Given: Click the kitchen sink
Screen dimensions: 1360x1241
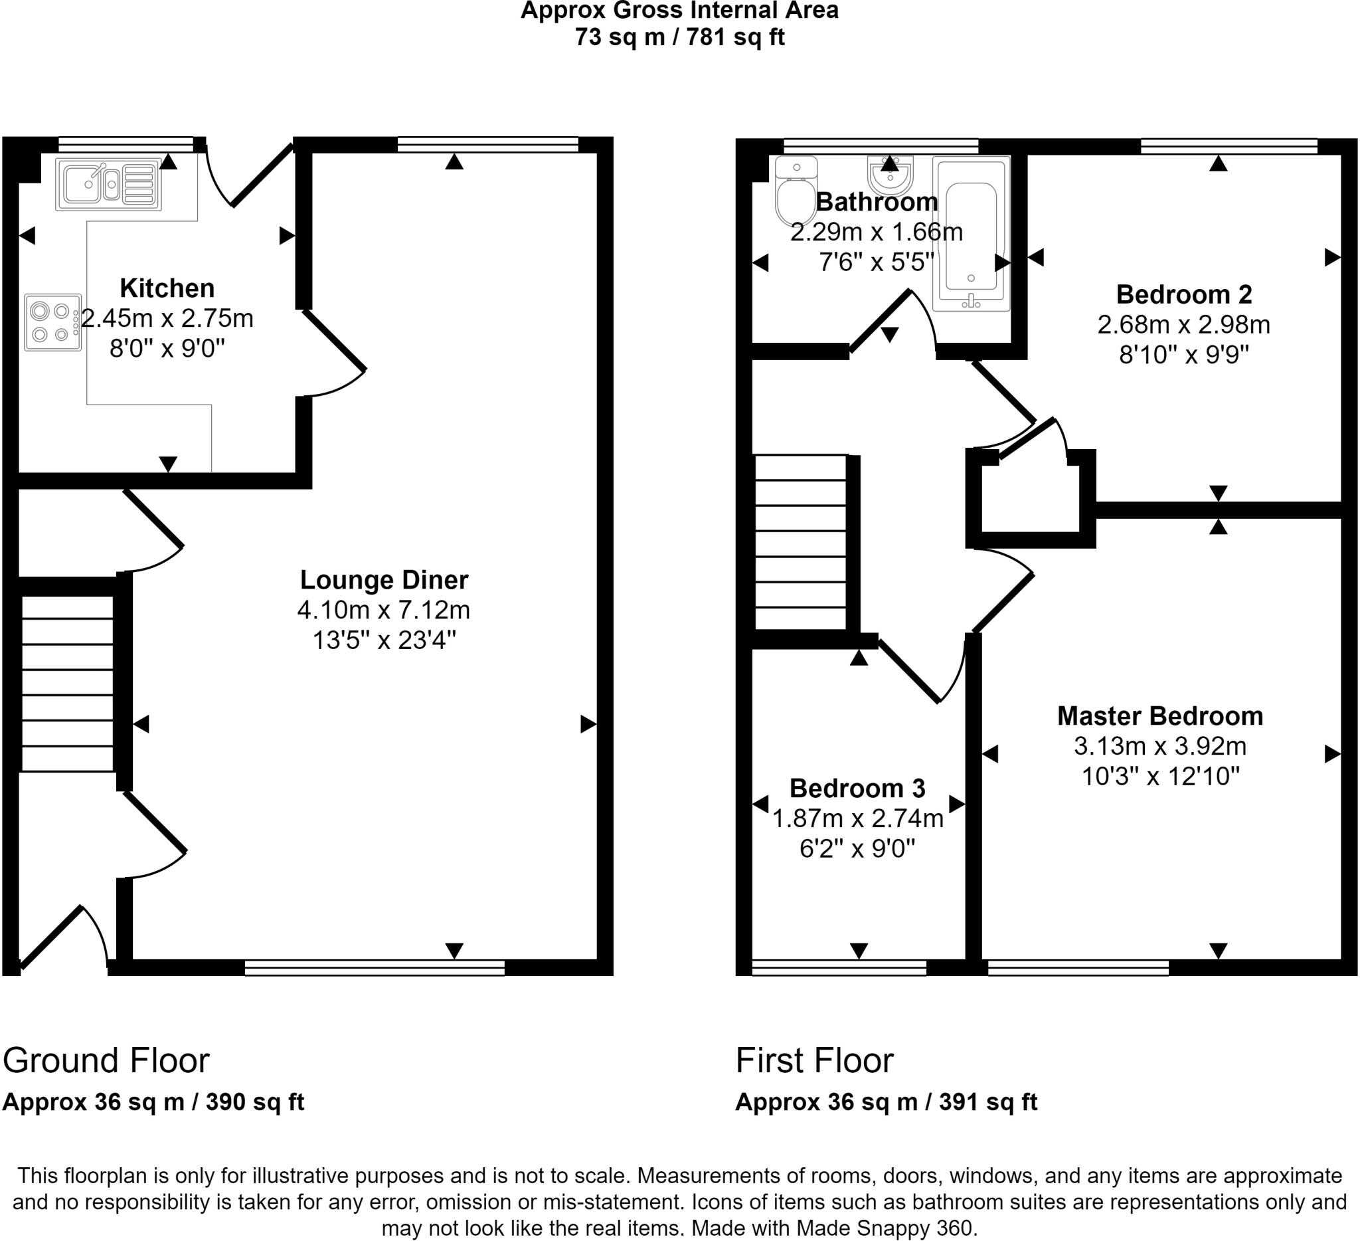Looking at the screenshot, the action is [x=108, y=183].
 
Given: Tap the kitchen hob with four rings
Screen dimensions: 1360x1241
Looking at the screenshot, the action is [x=52, y=322].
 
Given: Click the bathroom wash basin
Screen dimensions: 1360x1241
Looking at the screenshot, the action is [x=891, y=175].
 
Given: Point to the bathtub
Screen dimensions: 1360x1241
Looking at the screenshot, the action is [x=971, y=233].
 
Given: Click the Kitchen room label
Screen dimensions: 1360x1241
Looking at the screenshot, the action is [x=167, y=288].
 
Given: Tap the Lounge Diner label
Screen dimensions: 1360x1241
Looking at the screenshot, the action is [x=384, y=580].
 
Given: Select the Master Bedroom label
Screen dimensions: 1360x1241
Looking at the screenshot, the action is [x=1159, y=716].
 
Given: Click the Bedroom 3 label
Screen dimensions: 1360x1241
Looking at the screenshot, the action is [x=857, y=788].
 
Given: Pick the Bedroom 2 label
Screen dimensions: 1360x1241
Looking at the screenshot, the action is [x=1184, y=294].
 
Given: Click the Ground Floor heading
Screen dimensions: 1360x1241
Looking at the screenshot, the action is [x=107, y=1060].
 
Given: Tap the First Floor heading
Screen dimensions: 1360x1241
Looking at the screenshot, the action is [x=814, y=1060].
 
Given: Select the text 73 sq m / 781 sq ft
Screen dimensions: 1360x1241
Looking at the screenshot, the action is [x=679, y=37].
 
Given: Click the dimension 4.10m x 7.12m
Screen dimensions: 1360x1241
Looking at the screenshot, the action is [x=384, y=610].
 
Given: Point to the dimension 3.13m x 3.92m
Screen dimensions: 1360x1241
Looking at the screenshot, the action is [x=1159, y=746].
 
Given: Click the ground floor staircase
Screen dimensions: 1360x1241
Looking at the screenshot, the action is [x=68, y=683].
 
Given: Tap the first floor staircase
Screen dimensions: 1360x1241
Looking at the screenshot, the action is [x=800, y=543].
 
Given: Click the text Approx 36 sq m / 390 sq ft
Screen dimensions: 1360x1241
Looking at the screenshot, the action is [x=153, y=1102].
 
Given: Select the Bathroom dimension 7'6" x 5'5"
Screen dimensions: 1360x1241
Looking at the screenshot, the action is [x=876, y=262].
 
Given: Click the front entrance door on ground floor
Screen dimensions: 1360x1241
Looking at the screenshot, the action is [x=54, y=935].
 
